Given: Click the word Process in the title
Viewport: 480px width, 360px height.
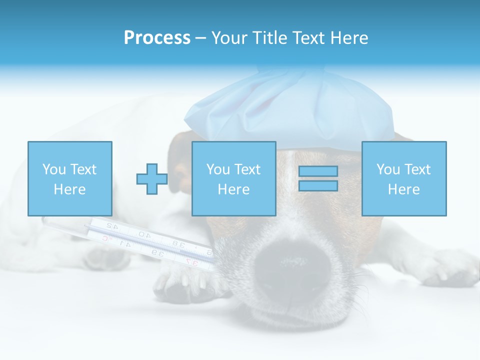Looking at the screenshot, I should [157, 38].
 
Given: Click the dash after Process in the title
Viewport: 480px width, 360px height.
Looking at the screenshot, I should [200, 38].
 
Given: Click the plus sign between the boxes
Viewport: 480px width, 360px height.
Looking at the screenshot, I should [152, 178].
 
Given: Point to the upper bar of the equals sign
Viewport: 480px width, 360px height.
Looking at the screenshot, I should [318, 171].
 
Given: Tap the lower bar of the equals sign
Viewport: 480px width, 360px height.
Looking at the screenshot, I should [318, 185].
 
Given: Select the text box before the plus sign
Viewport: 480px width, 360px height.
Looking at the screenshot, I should [69, 178].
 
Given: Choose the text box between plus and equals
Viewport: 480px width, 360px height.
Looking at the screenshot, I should [233, 178].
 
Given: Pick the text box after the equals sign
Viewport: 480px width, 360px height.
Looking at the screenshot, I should [403, 178].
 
